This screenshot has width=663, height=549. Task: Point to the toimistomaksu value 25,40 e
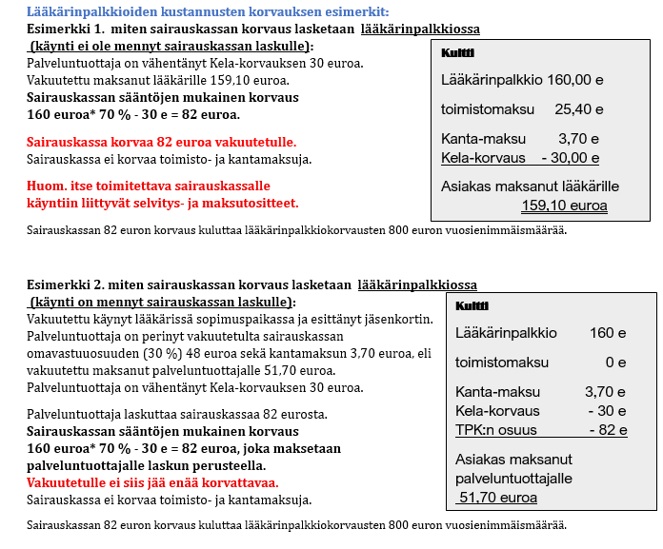(x=573, y=108)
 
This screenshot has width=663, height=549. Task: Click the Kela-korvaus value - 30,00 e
(x=570, y=157)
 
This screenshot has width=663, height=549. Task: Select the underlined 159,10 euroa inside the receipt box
(x=564, y=205)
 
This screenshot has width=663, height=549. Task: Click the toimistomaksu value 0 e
(x=615, y=362)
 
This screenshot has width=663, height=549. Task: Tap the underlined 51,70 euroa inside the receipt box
(x=497, y=497)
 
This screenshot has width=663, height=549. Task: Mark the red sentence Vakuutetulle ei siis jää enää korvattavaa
(x=157, y=481)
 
